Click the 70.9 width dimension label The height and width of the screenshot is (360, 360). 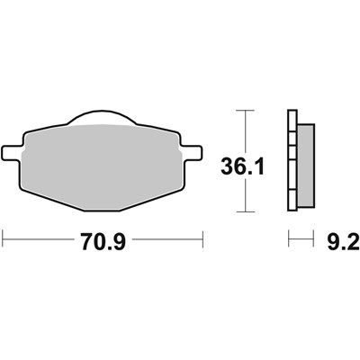[103, 240]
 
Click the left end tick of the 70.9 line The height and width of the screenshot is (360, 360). [4, 240]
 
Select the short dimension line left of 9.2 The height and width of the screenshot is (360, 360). [294, 240]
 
